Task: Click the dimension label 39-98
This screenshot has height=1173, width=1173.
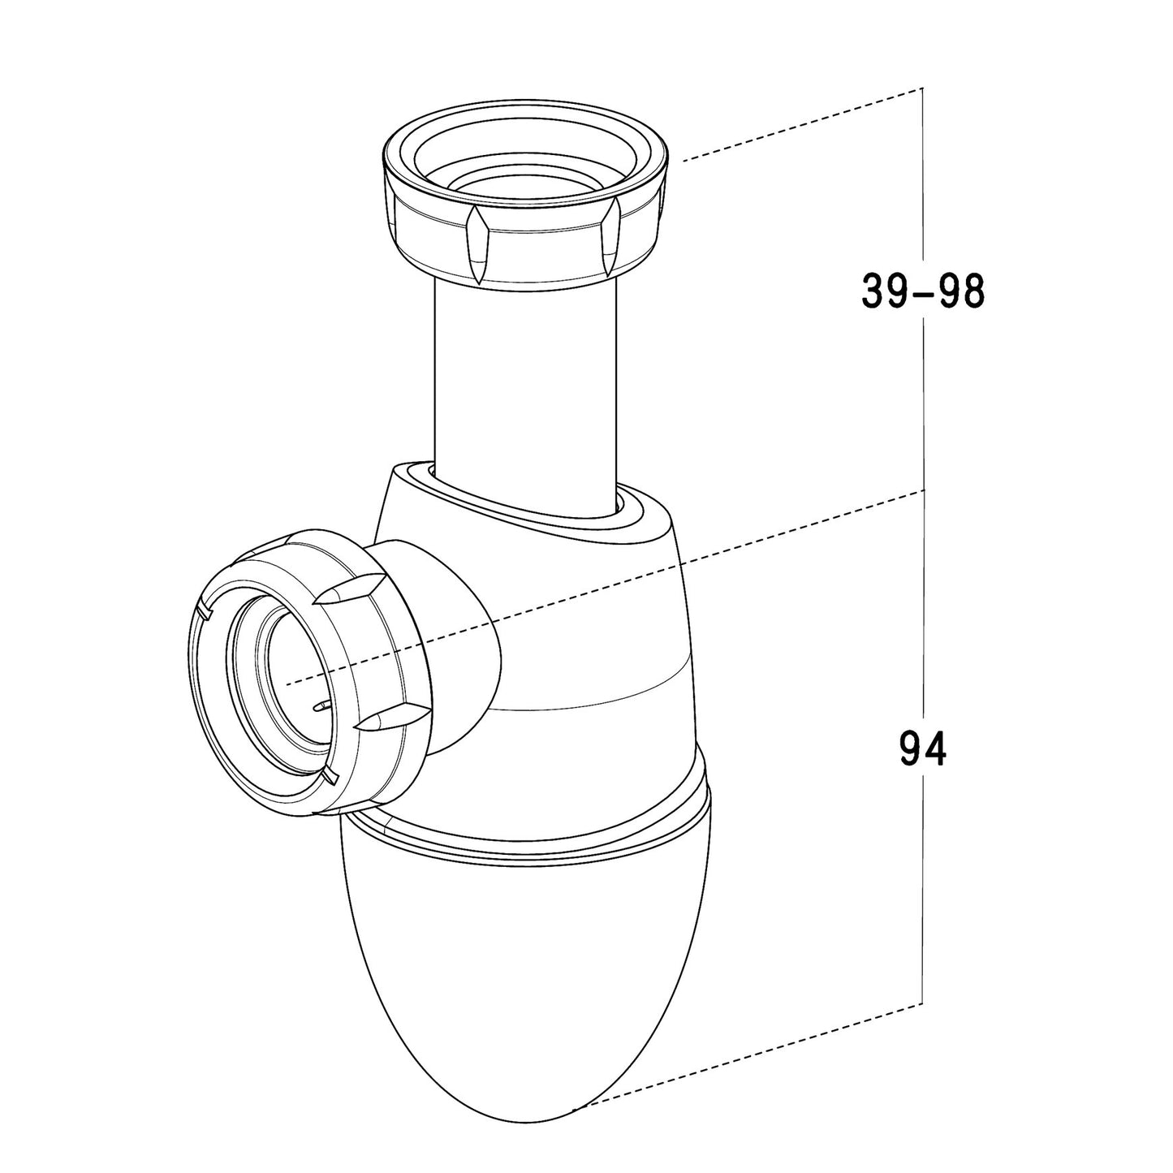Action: [x=923, y=291]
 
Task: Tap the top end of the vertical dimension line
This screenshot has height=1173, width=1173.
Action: [x=923, y=88]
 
